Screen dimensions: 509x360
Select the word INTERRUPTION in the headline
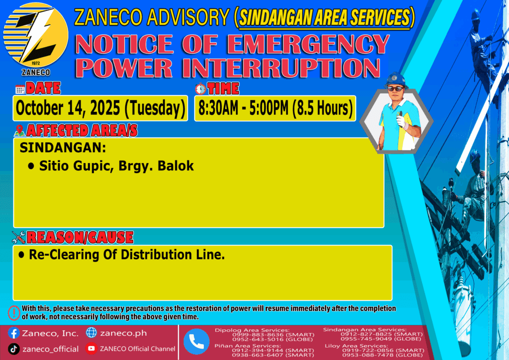[x=281, y=68]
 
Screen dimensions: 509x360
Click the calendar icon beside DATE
[x=20, y=89]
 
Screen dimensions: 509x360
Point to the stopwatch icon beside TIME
[x=200, y=89]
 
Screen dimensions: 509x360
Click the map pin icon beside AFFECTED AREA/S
[x=19, y=130]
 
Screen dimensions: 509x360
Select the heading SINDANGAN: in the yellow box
[x=63, y=148]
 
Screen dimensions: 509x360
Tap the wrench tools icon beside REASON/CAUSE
[x=18, y=237]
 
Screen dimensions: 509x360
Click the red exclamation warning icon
[x=14, y=313]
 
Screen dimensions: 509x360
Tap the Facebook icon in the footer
[x=13, y=333]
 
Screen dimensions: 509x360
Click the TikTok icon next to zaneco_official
[x=13, y=349]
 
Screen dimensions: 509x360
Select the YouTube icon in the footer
[x=91, y=348]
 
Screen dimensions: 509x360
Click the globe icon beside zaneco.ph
[x=91, y=333]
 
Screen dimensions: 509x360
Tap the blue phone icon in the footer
[x=196, y=342]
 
